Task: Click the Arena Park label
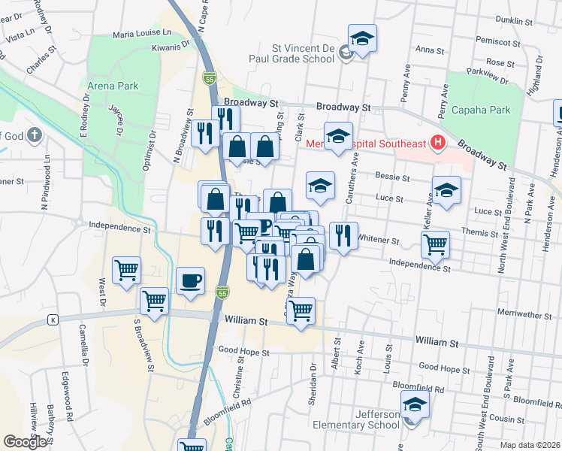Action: coord(113,86)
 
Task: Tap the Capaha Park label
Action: coord(481,110)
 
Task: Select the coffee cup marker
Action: coord(189,281)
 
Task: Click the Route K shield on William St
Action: coord(53,319)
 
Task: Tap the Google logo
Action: coord(25,442)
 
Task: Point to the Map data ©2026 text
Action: coord(531,445)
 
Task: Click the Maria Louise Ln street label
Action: coord(142,35)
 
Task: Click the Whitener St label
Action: coord(379,241)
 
